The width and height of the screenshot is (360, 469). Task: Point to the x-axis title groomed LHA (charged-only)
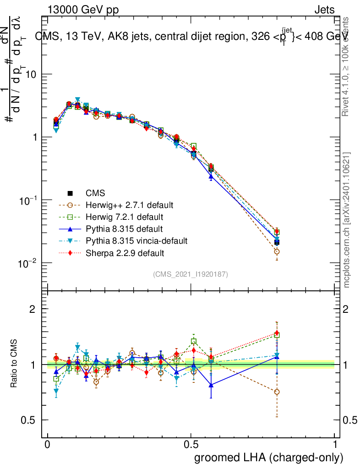point(269,458)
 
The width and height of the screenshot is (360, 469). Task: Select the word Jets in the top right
point(324,10)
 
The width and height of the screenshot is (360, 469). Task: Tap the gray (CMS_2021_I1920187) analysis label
point(191,274)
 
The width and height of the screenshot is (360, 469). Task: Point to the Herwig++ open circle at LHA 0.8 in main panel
point(277,251)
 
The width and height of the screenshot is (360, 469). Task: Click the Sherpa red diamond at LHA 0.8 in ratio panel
point(277,333)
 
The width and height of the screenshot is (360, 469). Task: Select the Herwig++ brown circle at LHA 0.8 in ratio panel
point(277,392)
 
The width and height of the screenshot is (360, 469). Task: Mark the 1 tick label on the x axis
point(335,445)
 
